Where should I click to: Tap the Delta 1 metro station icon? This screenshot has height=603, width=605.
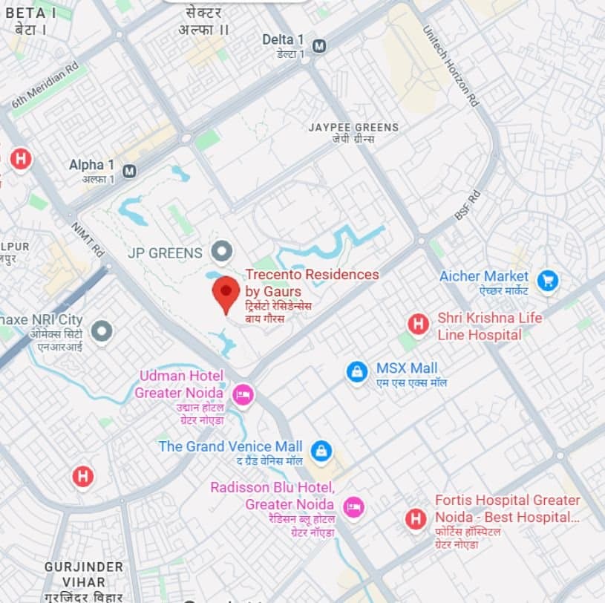(x=319, y=46)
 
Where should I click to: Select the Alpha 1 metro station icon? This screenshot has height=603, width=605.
(x=130, y=172)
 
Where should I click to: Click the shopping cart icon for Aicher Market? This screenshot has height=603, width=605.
(x=548, y=280)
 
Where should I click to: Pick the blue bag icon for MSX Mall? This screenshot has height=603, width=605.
(x=357, y=372)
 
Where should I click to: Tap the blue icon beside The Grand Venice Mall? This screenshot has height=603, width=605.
(x=321, y=450)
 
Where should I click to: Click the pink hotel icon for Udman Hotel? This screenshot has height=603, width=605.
(x=243, y=394)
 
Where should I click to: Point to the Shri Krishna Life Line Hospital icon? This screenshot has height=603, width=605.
(x=419, y=325)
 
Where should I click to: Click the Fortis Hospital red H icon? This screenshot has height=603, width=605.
(x=416, y=518)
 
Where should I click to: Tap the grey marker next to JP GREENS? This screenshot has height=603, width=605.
(x=220, y=252)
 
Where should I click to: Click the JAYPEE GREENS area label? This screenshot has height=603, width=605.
(x=353, y=128)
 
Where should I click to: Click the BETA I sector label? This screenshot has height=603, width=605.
(x=30, y=13)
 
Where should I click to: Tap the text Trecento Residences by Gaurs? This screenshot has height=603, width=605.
(x=312, y=282)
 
